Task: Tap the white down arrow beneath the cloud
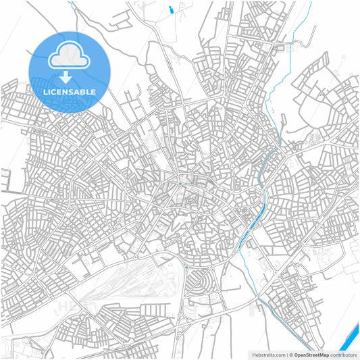tap(70, 76)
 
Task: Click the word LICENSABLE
tap(70, 91)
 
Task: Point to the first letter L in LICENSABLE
tap(45, 91)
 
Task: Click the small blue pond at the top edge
tap(171, 9)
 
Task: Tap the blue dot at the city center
tap(180, 184)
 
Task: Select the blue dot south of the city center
tap(186, 267)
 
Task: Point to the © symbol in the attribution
tap(290, 354)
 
